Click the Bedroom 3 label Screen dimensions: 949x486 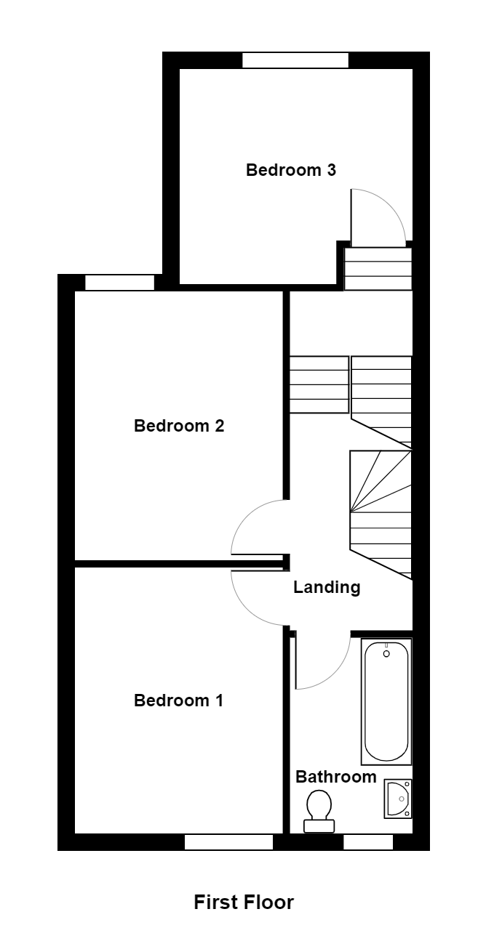pos(290,170)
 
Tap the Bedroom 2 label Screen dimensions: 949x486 pos(178,426)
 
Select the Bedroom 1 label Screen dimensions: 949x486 pos(178,700)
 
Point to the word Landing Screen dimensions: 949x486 pos(327,587)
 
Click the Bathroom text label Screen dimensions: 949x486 pos(335,777)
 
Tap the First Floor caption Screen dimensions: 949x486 pos(244,902)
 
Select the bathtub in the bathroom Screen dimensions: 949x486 pos(386,701)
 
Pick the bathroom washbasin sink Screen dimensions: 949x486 pos(397,798)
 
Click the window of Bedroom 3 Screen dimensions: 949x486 pos(295,60)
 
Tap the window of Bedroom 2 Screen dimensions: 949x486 pos(119,283)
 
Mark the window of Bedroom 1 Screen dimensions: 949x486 pos(228,842)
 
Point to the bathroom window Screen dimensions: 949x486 pos(367,842)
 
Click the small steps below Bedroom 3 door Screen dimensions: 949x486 pos(378,268)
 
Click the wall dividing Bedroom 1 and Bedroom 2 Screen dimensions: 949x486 pos(178,563)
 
